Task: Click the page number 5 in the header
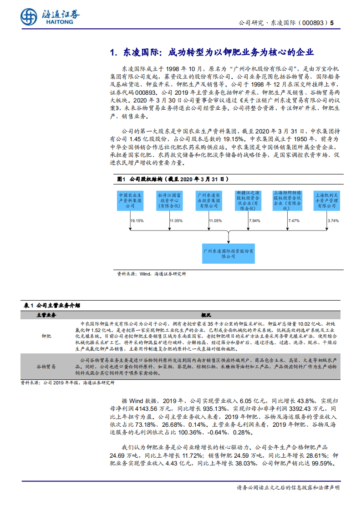point(332,22)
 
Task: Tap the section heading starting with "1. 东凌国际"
point(212,52)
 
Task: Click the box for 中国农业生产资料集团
point(130,200)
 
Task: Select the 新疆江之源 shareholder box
point(248,200)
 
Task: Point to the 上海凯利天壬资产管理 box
point(327,200)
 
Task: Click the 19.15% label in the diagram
point(137,220)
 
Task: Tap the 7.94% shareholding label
point(254,220)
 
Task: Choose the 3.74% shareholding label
point(333,220)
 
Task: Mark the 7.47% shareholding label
point(294,220)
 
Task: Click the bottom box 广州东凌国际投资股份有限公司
point(228,254)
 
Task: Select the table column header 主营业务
point(46,315)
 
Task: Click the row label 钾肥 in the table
point(46,336)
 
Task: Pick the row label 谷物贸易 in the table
point(46,366)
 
